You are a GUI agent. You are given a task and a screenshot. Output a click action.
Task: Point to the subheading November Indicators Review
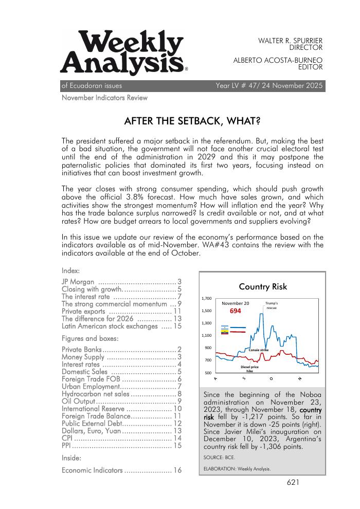tap(104, 98)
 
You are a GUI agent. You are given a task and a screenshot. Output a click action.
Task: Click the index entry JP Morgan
tap(78, 281)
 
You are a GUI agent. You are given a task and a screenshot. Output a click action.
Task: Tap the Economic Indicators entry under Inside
tap(92, 470)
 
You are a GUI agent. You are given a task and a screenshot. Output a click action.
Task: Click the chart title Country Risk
tap(263, 286)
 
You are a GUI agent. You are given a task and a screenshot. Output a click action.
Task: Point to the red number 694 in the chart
tap(235, 311)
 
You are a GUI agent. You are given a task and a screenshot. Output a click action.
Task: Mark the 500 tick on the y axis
tap(208, 373)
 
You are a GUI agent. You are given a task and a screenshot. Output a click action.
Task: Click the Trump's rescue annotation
tap(272, 305)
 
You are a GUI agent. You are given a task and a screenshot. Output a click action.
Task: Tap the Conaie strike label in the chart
tap(259, 350)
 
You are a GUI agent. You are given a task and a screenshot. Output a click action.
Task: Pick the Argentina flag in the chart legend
tap(224, 327)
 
